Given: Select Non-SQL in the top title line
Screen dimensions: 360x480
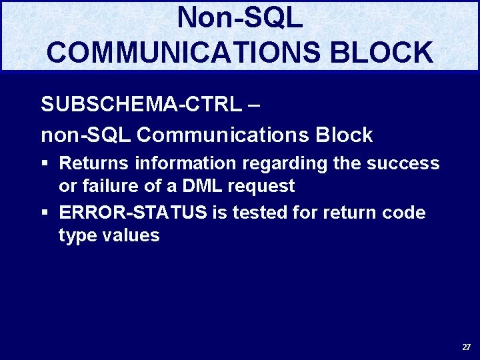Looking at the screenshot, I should (x=240, y=18).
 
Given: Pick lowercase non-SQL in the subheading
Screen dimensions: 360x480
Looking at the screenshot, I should (x=85, y=135).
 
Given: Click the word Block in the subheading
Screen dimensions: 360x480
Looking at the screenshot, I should (x=344, y=135).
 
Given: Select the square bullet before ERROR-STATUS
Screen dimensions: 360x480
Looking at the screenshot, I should (x=45, y=213).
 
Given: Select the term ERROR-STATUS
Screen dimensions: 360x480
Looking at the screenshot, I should (x=133, y=213).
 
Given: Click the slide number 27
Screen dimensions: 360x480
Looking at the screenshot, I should (x=466, y=347).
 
